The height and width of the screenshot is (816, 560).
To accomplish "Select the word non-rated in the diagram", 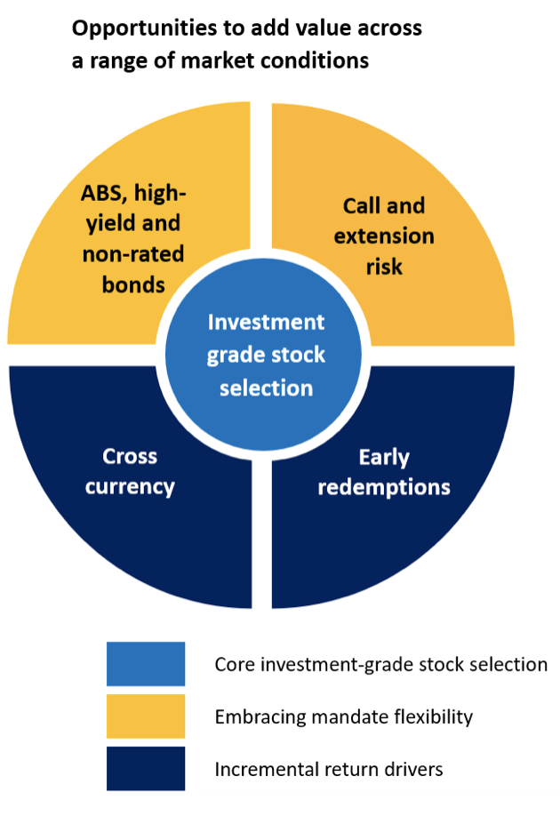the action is pyautogui.click(x=133, y=254).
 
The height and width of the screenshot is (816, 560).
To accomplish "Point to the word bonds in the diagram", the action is pyautogui.click(x=133, y=284).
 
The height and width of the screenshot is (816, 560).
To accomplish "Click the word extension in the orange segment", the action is pyautogui.click(x=384, y=236).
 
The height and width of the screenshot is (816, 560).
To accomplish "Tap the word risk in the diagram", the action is pyautogui.click(x=384, y=267).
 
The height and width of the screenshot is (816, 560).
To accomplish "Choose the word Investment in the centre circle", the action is pyautogui.click(x=266, y=322).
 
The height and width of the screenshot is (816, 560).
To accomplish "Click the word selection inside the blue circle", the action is pyautogui.click(x=266, y=388).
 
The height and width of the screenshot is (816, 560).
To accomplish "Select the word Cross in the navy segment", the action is pyautogui.click(x=130, y=456).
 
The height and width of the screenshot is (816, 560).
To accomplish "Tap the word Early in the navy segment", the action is pyautogui.click(x=384, y=458).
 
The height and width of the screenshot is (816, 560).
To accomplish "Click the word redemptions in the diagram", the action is pyautogui.click(x=384, y=488).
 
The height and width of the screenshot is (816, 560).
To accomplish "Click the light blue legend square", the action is pyautogui.click(x=146, y=663).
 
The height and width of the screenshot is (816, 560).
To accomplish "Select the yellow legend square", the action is pyautogui.click(x=146, y=716).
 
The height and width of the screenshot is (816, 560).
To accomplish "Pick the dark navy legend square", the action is pyautogui.click(x=146, y=769).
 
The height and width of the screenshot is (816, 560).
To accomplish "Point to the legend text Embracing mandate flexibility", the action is pyautogui.click(x=343, y=717).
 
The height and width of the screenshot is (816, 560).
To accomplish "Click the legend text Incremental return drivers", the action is pyautogui.click(x=328, y=769).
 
